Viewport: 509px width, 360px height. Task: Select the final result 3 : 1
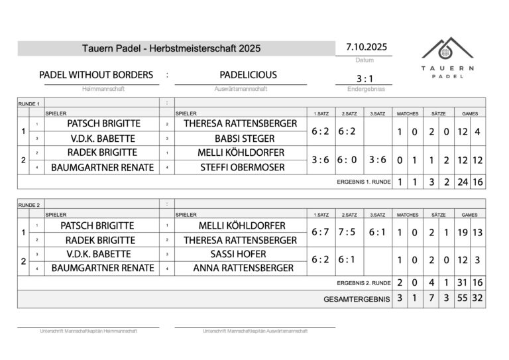click(x=365, y=78)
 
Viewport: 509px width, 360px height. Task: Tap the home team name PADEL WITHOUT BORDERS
click(x=96, y=75)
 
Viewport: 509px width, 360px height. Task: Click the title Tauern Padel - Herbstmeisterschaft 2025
click(x=172, y=48)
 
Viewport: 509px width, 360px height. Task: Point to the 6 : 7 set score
click(x=321, y=233)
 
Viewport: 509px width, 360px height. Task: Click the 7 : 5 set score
click(x=348, y=233)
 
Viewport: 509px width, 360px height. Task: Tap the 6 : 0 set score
click(x=348, y=160)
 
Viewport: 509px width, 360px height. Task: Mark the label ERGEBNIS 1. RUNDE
click(x=363, y=182)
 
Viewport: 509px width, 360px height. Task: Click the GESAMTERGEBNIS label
click(x=357, y=299)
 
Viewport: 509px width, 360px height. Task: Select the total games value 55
click(x=462, y=299)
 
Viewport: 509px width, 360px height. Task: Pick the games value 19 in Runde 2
click(x=462, y=233)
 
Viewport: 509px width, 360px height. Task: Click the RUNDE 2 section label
click(x=29, y=204)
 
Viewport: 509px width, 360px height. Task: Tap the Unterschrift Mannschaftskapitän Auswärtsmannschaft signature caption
click(x=254, y=331)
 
